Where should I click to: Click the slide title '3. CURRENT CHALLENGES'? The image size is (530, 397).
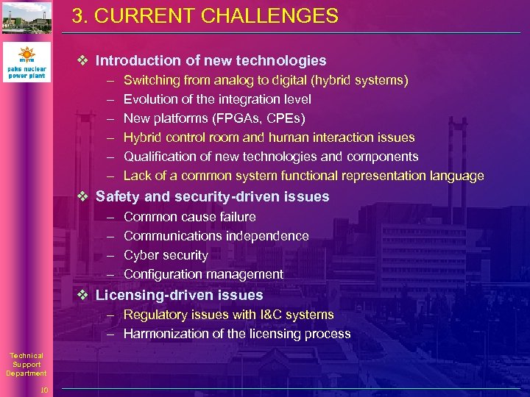point(205,16)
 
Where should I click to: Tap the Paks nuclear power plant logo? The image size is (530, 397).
point(26,62)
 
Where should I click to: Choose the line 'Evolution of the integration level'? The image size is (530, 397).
point(217,99)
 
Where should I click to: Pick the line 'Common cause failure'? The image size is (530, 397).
point(190,217)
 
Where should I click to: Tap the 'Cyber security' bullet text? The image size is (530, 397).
point(166,255)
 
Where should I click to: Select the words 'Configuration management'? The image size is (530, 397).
point(203,274)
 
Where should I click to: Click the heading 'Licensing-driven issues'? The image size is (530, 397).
point(179,296)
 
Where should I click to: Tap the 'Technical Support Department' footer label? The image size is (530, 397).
point(26,365)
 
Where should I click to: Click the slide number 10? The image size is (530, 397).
point(44,390)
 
